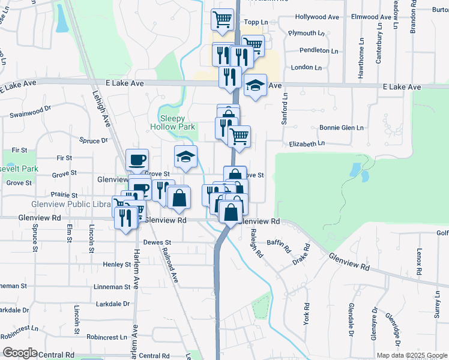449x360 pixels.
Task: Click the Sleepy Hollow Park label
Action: tap(172, 122)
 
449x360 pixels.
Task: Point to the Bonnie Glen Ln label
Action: tap(342, 128)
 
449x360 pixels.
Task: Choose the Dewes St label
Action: tap(157, 243)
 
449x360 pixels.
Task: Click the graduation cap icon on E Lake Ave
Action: tap(255, 86)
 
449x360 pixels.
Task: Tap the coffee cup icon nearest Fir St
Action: tap(137, 160)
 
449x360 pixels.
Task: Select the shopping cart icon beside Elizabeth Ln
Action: tap(239, 137)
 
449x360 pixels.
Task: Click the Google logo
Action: tap(20, 353)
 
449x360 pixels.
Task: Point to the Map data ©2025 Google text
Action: tap(411, 355)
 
